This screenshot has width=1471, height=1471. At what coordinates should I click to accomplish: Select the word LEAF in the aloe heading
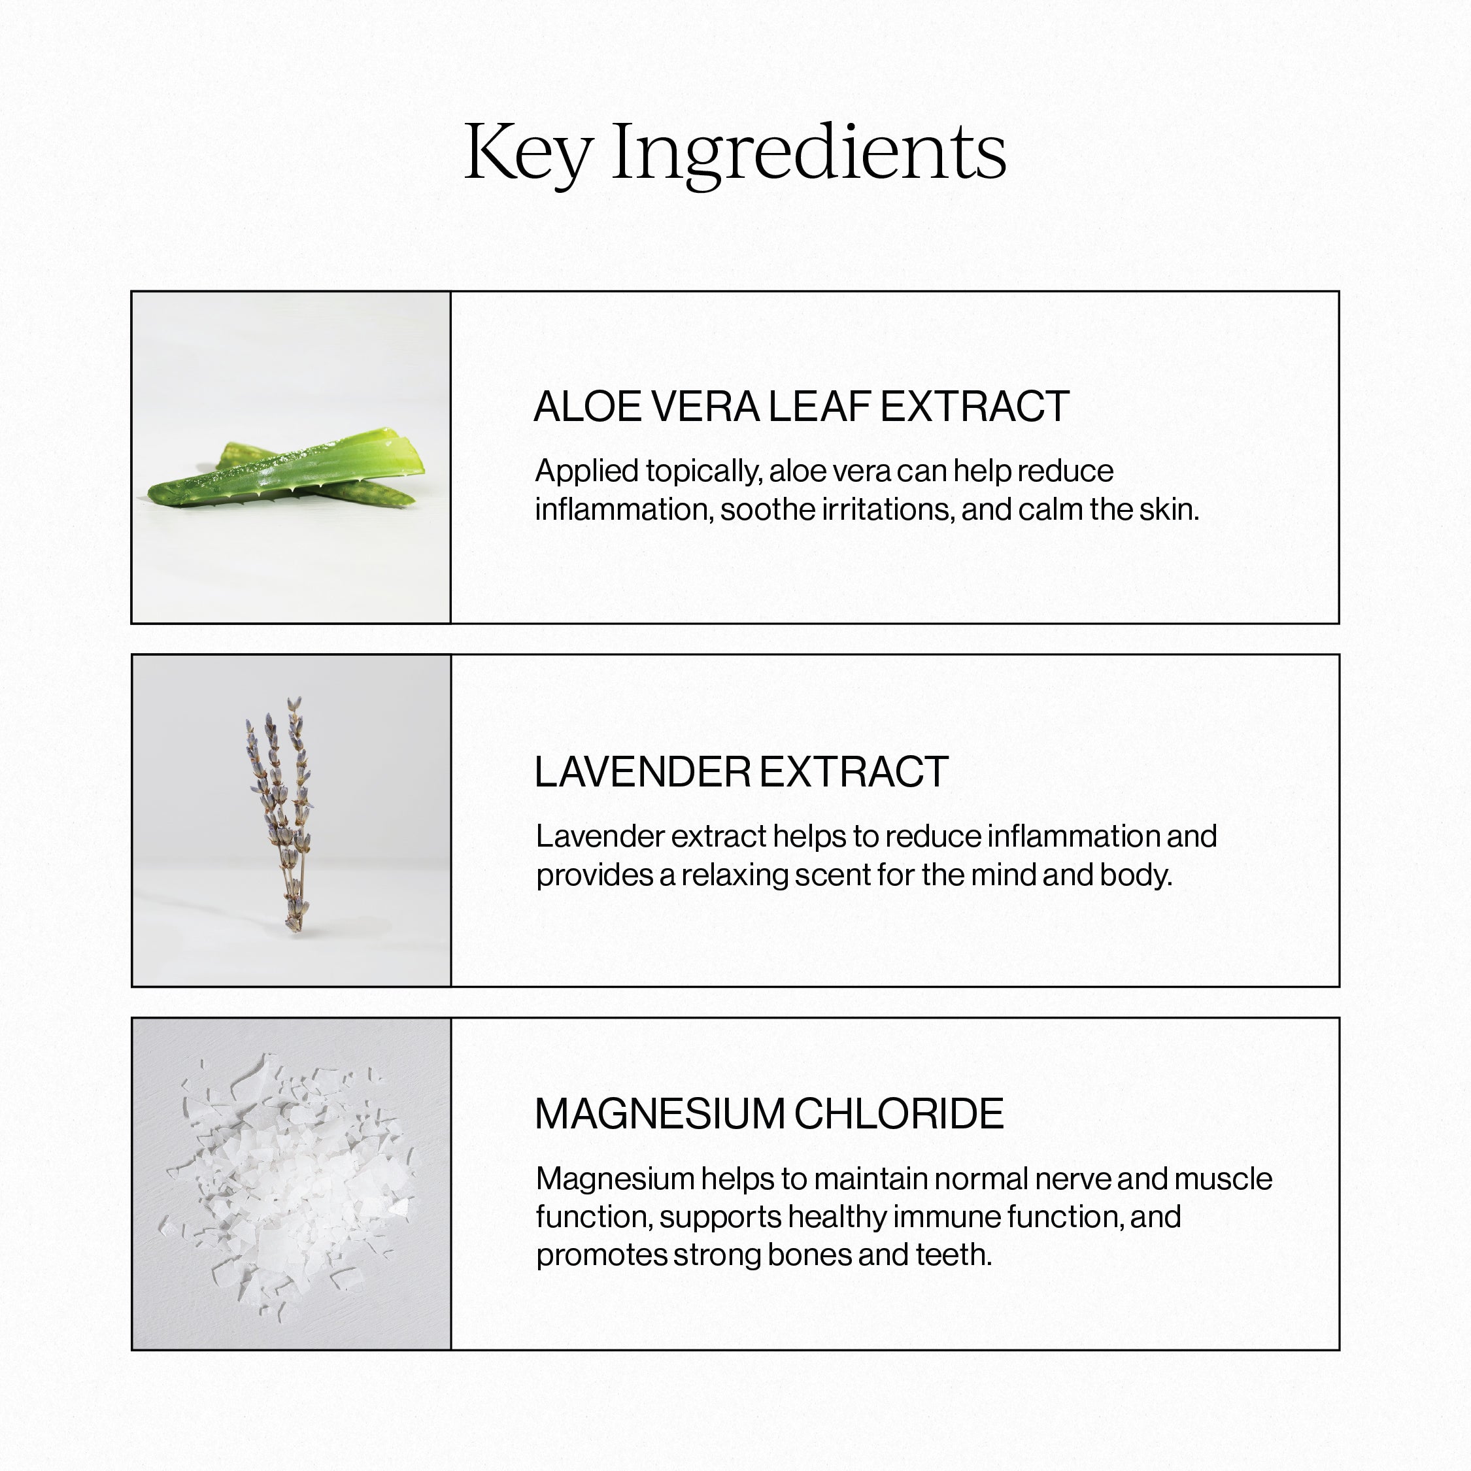click(819, 407)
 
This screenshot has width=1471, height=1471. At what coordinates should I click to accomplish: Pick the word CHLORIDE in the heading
click(899, 1114)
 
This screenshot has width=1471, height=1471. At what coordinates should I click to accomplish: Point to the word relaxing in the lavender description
click(735, 875)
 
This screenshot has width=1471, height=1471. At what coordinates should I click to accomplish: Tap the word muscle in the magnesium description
click(1224, 1179)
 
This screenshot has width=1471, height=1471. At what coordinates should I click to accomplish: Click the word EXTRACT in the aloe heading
click(975, 407)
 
